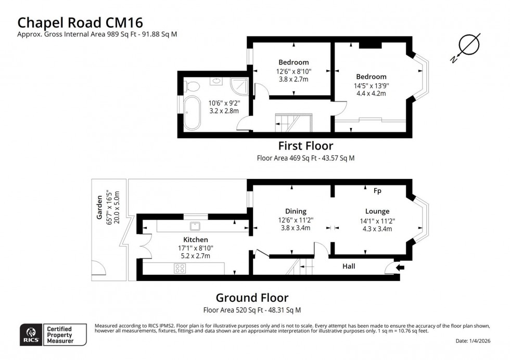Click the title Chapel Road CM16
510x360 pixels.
80,22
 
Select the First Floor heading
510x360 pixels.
305,146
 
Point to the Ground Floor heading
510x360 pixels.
252,298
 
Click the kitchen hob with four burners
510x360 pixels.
180,268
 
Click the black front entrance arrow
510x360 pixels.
400,268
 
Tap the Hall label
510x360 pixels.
349,266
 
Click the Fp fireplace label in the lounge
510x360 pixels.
377,191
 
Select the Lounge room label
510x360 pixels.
377,211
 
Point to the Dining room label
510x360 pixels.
296,211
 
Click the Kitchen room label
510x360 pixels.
195,239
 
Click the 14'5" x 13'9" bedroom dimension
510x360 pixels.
372,86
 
